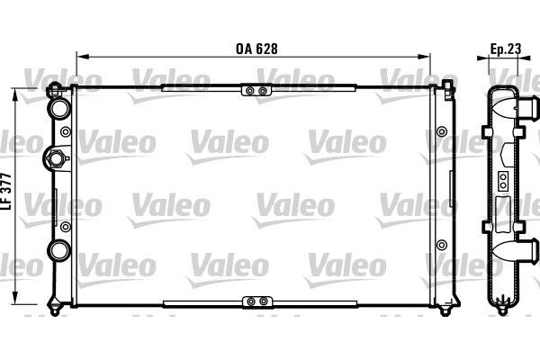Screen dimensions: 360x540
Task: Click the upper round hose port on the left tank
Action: click(59, 108)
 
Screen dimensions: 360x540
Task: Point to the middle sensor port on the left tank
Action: click(56, 159)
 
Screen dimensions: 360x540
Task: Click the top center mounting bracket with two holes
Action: click(255, 90)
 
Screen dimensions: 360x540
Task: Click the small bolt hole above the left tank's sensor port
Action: click(65, 131)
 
